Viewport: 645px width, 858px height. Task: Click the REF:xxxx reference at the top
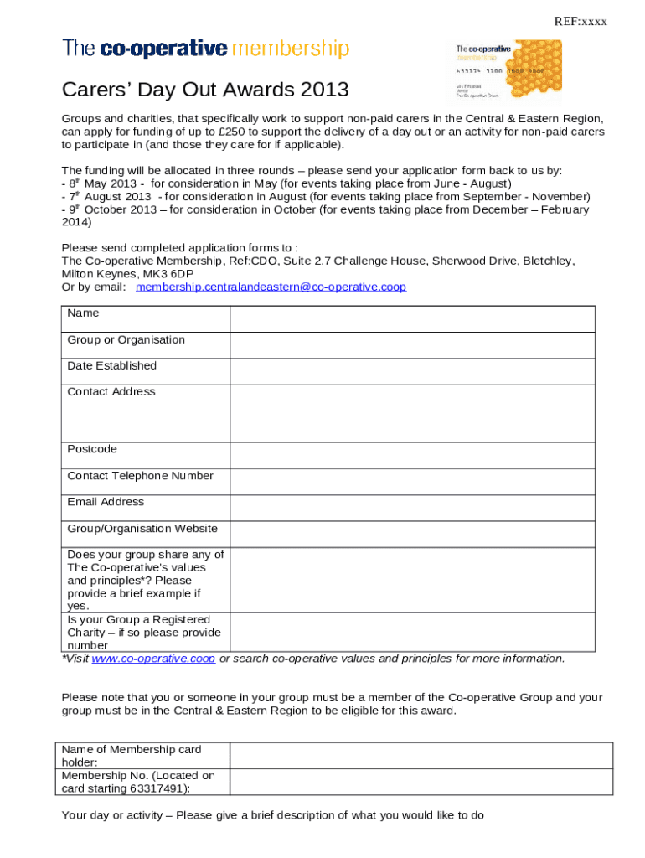[580, 22]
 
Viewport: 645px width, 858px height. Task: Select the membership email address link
[271, 287]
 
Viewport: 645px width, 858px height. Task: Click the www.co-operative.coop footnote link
[153, 659]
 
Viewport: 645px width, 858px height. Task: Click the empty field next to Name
[412, 319]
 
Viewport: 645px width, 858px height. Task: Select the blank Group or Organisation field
[412, 346]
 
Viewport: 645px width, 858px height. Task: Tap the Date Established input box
[412, 372]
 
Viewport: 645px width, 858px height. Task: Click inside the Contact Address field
[412, 413]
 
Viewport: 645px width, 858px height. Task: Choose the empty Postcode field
[412, 456]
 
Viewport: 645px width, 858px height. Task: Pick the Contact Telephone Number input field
[412, 482]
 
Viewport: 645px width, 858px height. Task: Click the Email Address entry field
[412, 508]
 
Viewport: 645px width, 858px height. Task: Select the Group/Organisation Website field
[412, 534]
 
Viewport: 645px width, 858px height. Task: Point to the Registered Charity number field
[412, 633]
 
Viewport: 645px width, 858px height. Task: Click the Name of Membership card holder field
[412, 756]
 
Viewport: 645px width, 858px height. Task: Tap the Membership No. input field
[412, 782]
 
